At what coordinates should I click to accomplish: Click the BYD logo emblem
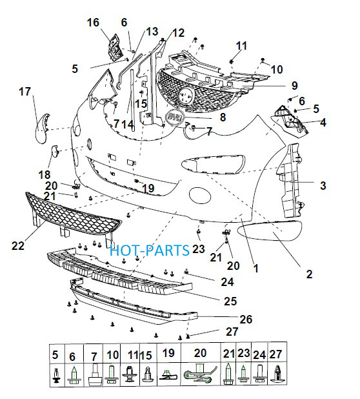(175, 118)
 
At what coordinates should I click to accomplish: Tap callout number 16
(93, 23)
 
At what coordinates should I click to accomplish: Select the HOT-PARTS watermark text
(150, 250)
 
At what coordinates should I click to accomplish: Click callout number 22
(18, 245)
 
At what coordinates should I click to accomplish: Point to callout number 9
(294, 85)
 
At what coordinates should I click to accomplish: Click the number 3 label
(323, 185)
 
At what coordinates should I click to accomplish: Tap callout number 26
(246, 319)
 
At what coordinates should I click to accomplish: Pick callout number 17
(25, 92)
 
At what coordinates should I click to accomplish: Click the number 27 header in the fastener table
(275, 354)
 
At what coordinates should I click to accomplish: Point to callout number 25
(230, 301)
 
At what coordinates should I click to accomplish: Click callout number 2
(309, 274)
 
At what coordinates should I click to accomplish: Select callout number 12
(178, 33)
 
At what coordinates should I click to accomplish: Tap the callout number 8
(223, 118)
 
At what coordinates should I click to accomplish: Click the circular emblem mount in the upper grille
(186, 96)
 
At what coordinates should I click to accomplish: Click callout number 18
(45, 175)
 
